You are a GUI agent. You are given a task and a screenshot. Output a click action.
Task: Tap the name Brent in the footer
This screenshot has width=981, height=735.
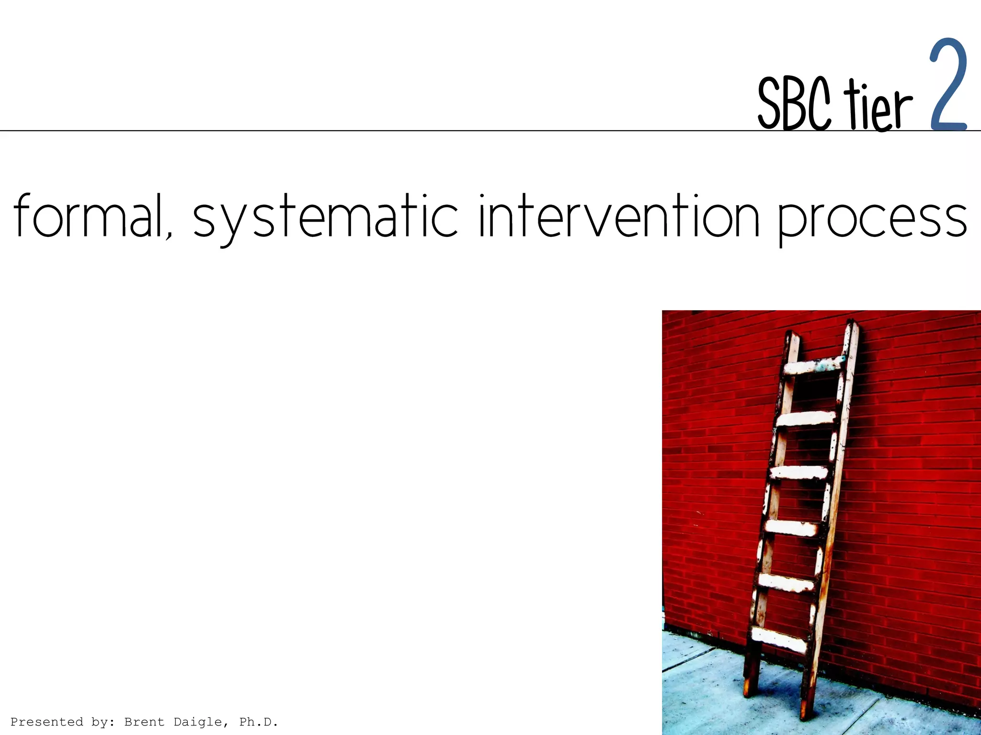[x=144, y=722]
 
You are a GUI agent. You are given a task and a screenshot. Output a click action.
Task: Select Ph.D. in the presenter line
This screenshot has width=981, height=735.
[x=259, y=722]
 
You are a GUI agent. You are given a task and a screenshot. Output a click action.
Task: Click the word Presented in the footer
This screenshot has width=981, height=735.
[x=46, y=722]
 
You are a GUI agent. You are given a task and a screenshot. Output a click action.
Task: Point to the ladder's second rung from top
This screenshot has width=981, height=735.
[x=806, y=419]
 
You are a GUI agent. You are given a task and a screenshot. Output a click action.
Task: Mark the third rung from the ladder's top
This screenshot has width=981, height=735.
[x=798, y=472]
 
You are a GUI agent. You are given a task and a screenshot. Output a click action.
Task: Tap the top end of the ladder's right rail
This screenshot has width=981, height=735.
[x=851, y=325]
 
